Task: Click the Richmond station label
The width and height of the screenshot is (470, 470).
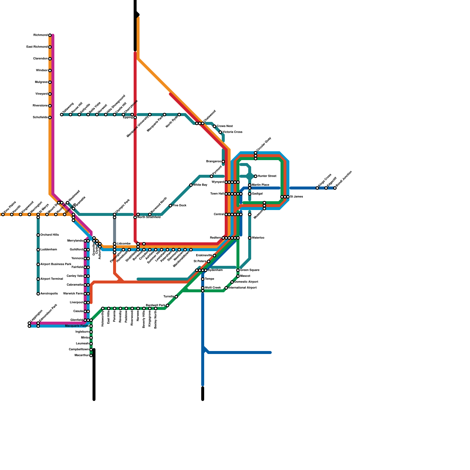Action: pyautogui.click(x=40, y=35)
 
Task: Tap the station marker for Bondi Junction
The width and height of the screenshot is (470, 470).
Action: pyautogui.click(x=335, y=188)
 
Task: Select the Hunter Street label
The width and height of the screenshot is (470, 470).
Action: pyautogui.click(x=267, y=176)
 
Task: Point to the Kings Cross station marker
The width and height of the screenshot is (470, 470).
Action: pyautogui.click(x=317, y=188)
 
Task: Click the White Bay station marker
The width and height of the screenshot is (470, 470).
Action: pyautogui.click(x=191, y=185)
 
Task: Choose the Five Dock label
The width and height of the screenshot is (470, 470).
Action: pyautogui.click(x=179, y=206)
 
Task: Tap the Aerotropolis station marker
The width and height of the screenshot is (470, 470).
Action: pyautogui.click(x=38, y=294)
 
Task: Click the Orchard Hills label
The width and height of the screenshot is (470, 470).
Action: pyautogui.click(x=50, y=235)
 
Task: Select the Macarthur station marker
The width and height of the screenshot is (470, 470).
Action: pyautogui.click(x=91, y=355)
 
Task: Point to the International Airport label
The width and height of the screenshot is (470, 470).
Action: pyautogui.click(x=243, y=288)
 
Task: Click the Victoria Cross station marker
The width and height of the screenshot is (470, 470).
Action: pyautogui.click(x=220, y=132)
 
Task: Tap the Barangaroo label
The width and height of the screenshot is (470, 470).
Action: pyautogui.click(x=214, y=162)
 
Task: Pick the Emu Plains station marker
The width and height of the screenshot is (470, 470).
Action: pyautogui.click(x=3, y=214)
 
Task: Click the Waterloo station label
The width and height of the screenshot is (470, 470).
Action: pyautogui.click(x=258, y=238)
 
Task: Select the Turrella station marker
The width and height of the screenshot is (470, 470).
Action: pyautogui.click(x=176, y=297)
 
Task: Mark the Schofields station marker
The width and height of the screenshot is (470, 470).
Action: pyautogui.click(x=50, y=117)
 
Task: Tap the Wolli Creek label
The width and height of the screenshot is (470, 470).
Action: pyautogui.click(x=213, y=288)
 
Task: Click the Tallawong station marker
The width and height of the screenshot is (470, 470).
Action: pyautogui.click(x=62, y=115)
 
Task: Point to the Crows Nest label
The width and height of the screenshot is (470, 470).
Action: pyautogui.click(x=225, y=126)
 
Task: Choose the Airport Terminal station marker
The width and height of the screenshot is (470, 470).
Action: pyautogui.click(x=38, y=279)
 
